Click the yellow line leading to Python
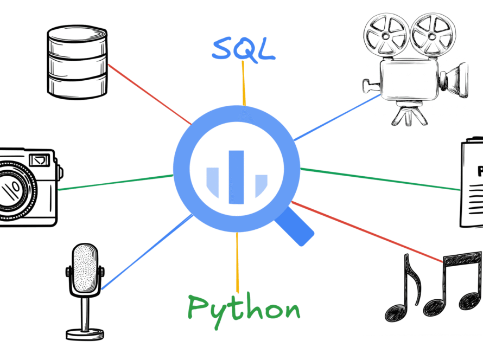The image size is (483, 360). [237, 263]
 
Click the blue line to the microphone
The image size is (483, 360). [147, 251]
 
